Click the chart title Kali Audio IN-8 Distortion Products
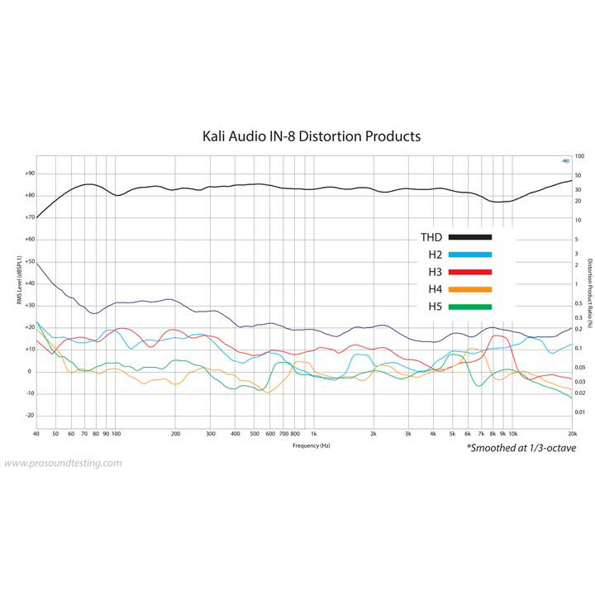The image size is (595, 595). click(x=311, y=136)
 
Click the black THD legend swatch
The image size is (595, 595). click(x=470, y=237)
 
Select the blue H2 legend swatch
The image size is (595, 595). click(x=470, y=254)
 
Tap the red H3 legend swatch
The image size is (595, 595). click(x=470, y=272)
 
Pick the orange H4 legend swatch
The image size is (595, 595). click(x=470, y=289)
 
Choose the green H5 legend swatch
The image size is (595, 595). click(x=470, y=307)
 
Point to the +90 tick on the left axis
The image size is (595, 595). click(x=30, y=174)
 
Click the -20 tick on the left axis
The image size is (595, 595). click(x=30, y=415)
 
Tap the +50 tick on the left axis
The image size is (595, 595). click(x=30, y=261)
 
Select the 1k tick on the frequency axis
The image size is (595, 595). click(x=314, y=434)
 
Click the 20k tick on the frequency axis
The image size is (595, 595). click(x=572, y=434)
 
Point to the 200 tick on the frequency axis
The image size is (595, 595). click(x=176, y=434)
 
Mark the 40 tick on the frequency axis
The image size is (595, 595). click(x=36, y=434)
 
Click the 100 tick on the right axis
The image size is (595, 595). click(x=580, y=156)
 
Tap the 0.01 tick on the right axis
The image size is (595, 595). click(x=580, y=412)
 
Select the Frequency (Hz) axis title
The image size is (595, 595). click(x=311, y=446)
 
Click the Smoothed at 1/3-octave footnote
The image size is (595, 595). click(x=521, y=448)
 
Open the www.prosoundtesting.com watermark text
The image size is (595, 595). click(x=63, y=463)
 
